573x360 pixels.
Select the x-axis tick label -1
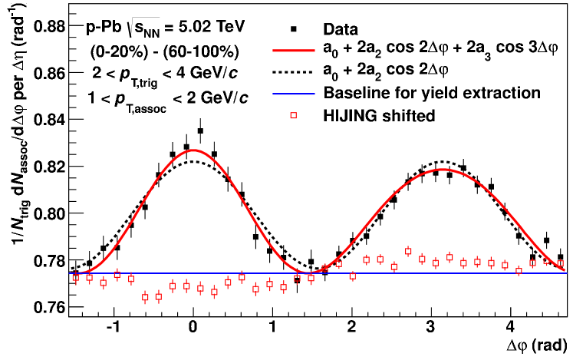tap(112, 325)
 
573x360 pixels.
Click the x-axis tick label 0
tap(193, 325)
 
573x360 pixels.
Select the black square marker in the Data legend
tap(293, 30)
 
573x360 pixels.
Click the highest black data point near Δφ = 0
tap(200, 131)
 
